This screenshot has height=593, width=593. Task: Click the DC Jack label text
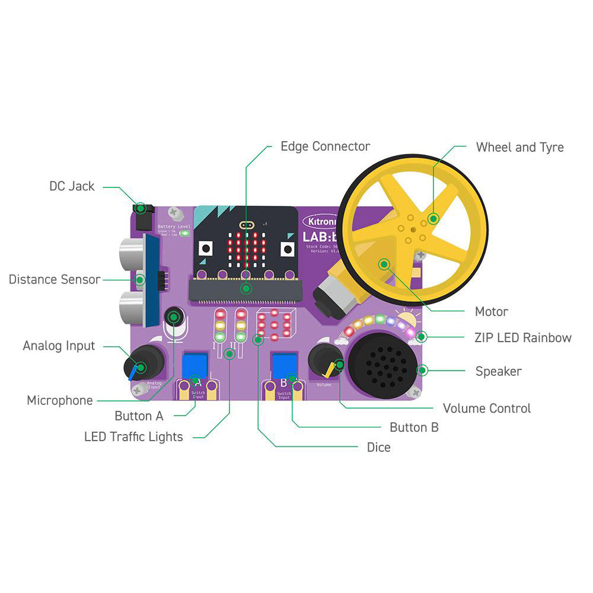tap(72, 186)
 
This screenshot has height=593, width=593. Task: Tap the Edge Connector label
tap(325, 146)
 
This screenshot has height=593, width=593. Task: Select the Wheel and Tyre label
tap(519, 147)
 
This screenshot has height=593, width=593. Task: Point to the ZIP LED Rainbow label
tap(523, 338)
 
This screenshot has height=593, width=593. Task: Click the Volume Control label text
tap(487, 408)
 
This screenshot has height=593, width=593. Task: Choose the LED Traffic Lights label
tap(133, 437)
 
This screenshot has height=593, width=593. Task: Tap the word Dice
tap(378, 447)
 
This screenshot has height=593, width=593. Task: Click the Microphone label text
tap(60, 400)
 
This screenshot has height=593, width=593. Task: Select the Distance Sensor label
tap(55, 279)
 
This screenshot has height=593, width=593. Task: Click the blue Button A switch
tap(195, 363)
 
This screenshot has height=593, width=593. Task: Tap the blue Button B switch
tap(284, 363)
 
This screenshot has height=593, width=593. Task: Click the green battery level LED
tap(184, 234)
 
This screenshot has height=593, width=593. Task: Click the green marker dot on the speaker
tap(422, 371)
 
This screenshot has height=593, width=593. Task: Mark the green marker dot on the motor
tap(384, 264)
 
